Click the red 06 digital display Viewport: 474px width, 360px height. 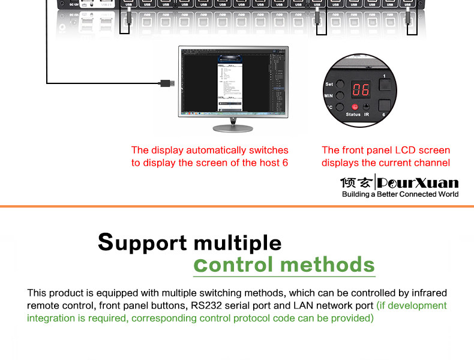(361, 90)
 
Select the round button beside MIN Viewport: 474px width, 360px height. (340, 95)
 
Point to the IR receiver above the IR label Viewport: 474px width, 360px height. (366, 106)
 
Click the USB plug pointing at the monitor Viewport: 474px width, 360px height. (166, 83)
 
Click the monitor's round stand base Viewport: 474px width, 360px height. (233, 128)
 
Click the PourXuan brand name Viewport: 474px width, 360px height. (419, 183)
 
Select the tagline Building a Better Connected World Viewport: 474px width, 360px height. (400, 194)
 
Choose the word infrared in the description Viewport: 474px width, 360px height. (428, 293)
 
